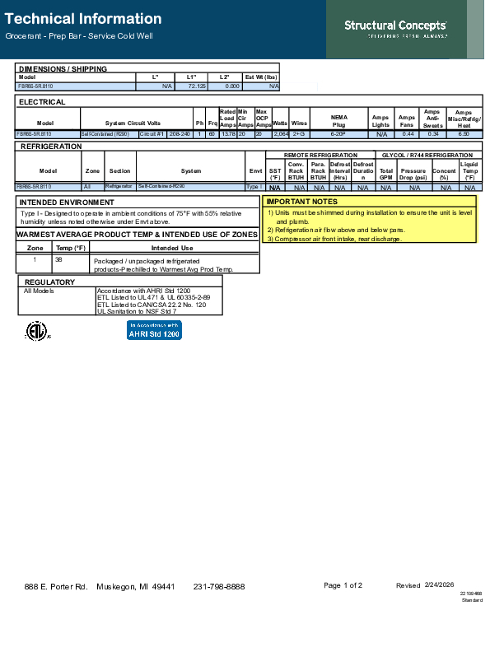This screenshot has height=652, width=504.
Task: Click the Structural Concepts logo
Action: point(395,28)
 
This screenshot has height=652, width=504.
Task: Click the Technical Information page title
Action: point(83,18)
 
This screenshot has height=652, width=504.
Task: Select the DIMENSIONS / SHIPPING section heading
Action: point(63,68)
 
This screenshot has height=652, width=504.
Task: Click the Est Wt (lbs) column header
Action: point(262,77)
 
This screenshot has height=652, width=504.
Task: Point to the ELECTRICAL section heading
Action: point(42,102)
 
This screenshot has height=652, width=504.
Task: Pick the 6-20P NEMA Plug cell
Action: point(338,133)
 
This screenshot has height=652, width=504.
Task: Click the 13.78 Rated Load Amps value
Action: point(228,133)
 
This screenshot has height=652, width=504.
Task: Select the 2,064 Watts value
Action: point(281,133)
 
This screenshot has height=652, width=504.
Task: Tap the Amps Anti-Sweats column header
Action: point(432,119)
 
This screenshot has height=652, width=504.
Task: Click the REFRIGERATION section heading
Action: point(50,146)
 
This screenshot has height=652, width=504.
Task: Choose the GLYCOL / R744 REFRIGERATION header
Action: point(426,155)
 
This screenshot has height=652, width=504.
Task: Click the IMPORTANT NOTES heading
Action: point(301,201)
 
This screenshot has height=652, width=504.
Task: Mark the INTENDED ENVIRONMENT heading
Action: point(67,202)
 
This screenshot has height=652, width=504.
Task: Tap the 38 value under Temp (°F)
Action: point(58,258)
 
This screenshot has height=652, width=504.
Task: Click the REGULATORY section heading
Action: point(49,282)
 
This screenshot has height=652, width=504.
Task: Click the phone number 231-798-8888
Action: point(219,586)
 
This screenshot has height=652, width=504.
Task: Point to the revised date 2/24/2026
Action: point(439,585)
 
